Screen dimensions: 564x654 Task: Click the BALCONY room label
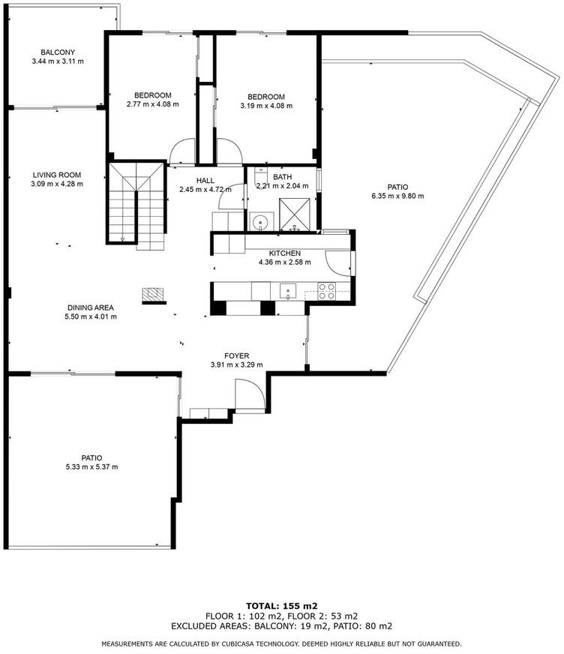(x=58, y=52)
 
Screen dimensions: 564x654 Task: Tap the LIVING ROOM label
(x=57, y=175)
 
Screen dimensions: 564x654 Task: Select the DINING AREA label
(x=91, y=307)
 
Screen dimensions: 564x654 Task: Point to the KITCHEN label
(x=284, y=253)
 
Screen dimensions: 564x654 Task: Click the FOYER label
(x=236, y=355)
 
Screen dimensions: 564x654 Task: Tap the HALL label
(x=205, y=180)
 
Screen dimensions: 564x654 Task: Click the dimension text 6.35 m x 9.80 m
(x=397, y=196)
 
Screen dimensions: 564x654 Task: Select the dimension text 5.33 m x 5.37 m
(x=91, y=466)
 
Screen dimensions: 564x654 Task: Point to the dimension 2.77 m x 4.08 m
(x=153, y=104)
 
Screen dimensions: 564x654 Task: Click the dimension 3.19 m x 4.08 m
(x=266, y=106)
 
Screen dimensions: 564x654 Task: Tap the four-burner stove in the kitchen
(x=327, y=291)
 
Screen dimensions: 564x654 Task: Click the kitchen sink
(x=288, y=291)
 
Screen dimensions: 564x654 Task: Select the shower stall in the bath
(x=295, y=214)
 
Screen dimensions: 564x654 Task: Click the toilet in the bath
(x=261, y=175)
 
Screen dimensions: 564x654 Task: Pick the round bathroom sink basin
(x=261, y=221)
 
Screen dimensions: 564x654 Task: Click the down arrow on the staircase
(x=122, y=239)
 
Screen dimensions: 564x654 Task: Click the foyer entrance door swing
(x=250, y=394)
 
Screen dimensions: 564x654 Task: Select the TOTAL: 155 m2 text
(x=282, y=606)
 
